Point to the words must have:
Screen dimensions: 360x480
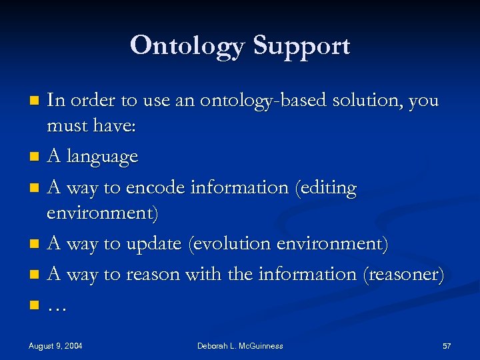(91, 126)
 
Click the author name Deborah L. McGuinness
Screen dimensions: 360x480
(240, 345)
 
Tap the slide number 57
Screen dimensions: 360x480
(447, 345)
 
